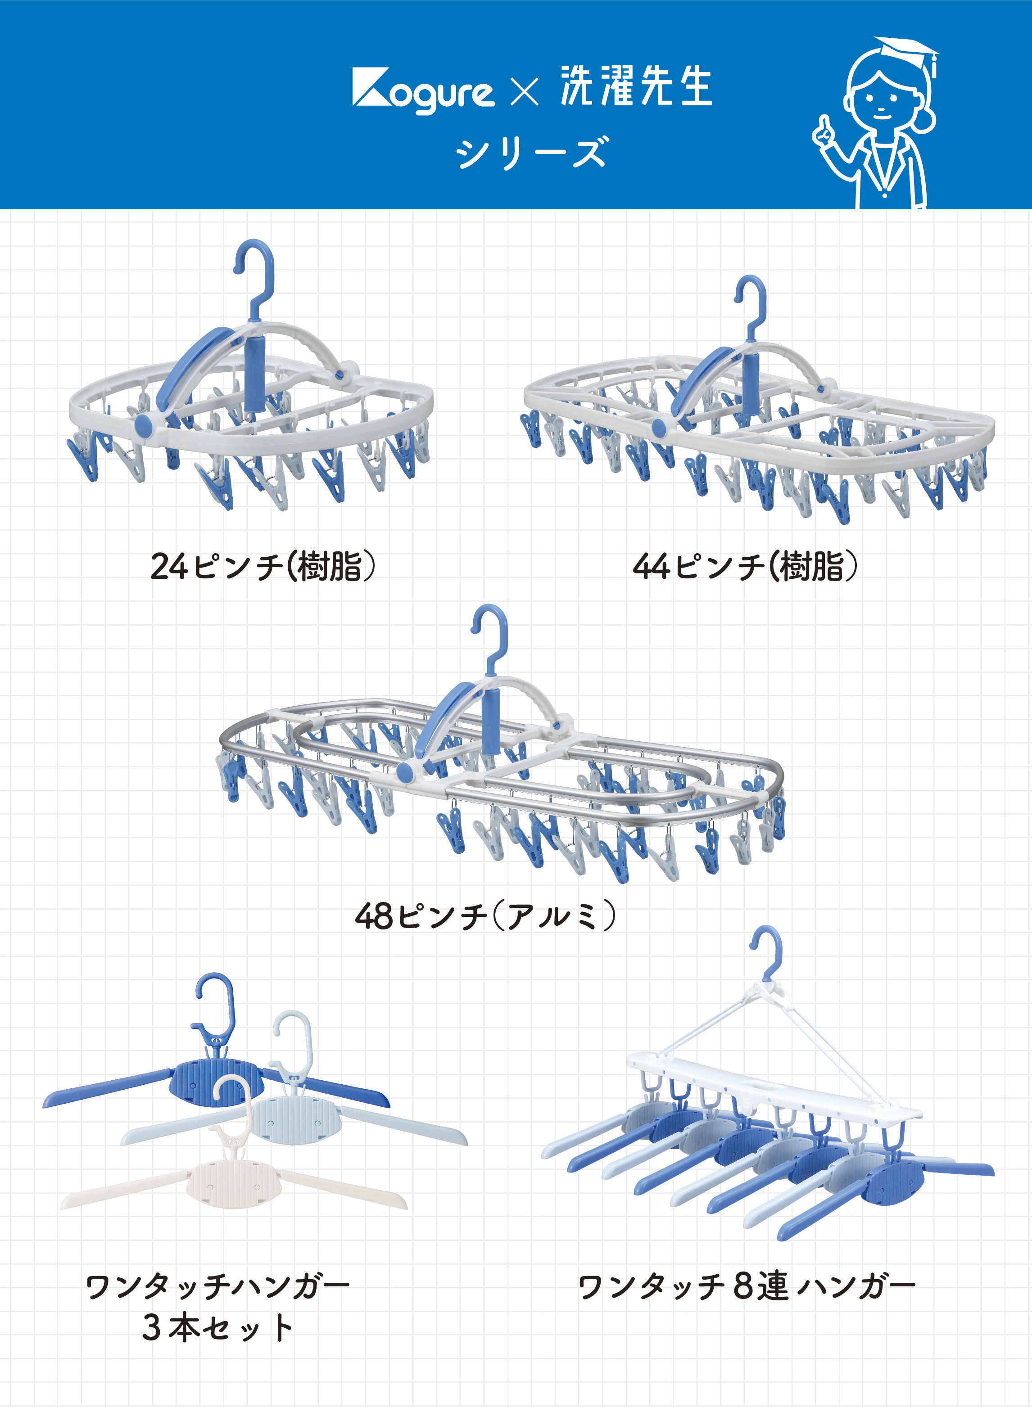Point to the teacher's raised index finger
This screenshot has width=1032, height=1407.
click(x=824, y=122)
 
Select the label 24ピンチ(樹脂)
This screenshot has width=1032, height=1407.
click(x=263, y=566)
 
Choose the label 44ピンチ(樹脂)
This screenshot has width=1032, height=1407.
click(x=745, y=566)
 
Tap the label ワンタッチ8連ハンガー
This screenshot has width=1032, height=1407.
click(x=746, y=1287)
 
